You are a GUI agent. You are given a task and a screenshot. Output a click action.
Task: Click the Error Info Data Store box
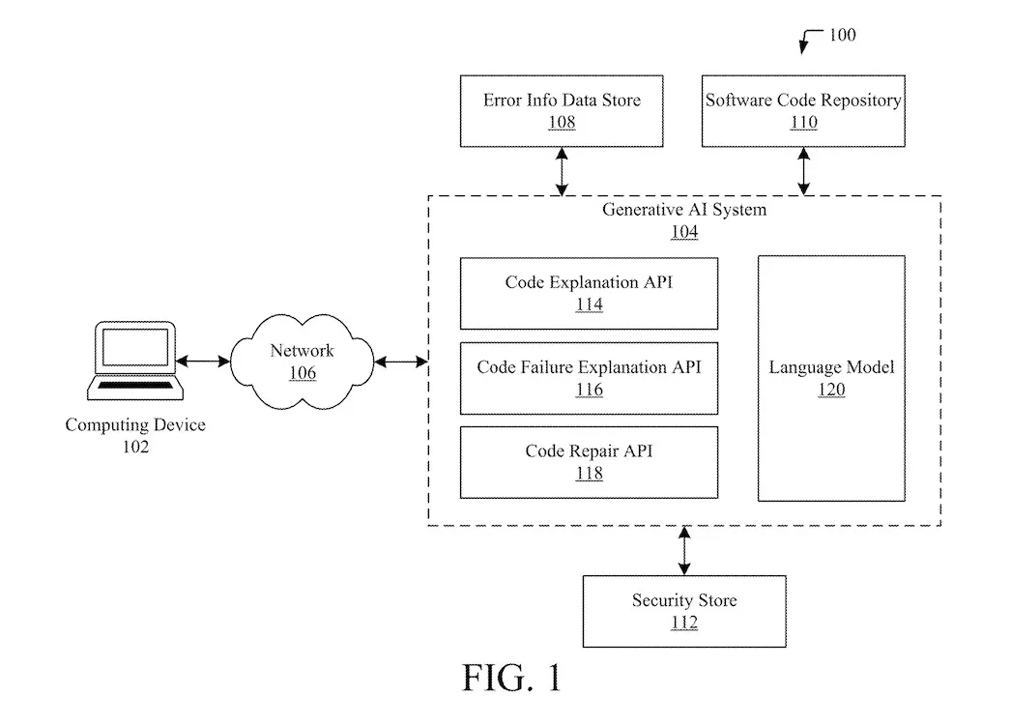(x=562, y=111)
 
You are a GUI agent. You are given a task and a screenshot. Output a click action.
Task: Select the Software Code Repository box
(x=803, y=111)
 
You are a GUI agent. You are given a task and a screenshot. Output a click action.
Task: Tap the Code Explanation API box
(x=589, y=294)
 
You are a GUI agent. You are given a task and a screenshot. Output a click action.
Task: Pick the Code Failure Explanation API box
(x=589, y=378)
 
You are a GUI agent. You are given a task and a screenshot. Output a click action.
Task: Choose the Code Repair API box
(x=589, y=462)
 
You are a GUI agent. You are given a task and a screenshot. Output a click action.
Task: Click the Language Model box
(x=831, y=378)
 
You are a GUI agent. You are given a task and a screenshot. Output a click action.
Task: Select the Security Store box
(x=684, y=611)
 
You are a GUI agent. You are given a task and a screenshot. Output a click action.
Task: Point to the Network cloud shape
(x=303, y=362)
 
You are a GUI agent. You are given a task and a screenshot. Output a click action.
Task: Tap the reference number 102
(x=135, y=447)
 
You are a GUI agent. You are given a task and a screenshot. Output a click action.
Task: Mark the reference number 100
(x=842, y=36)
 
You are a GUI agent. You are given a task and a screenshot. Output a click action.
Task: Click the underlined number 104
(x=684, y=232)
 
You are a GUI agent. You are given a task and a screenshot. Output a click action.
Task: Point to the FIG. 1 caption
(x=511, y=678)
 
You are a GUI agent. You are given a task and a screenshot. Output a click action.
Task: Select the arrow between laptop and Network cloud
(x=203, y=362)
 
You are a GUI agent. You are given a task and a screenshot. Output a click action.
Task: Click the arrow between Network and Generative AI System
(x=400, y=362)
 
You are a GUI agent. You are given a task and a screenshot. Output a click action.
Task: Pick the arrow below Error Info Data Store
(x=562, y=171)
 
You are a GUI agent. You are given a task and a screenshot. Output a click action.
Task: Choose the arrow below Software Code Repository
(x=803, y=171)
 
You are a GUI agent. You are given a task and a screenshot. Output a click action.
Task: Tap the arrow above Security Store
(x=684, y=550)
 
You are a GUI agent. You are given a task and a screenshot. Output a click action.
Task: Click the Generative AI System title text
(x=684, y=211)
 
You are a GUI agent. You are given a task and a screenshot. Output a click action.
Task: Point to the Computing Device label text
(x=135, y=425)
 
